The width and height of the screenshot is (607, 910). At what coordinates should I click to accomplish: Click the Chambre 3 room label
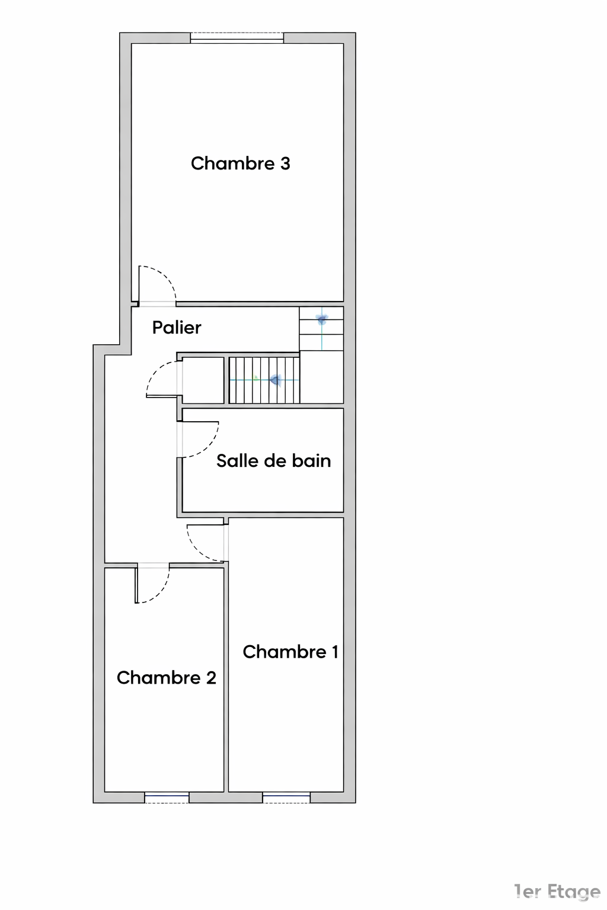tap(240, 164)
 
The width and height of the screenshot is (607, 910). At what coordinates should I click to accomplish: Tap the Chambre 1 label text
tap(290, 652)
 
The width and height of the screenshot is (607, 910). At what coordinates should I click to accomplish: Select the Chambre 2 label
tap(167, 678)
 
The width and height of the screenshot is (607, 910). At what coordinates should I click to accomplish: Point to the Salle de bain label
tap(274, 461)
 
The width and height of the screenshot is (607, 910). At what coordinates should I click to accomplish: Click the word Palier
tap(177, 328)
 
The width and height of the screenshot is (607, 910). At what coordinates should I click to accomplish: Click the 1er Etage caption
tap(557, 892)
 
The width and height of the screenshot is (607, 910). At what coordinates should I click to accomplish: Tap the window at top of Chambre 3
tap(237, 38)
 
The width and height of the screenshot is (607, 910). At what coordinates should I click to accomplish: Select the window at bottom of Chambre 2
tap(167, 797)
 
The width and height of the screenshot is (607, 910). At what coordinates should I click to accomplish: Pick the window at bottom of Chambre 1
tap(286, 797)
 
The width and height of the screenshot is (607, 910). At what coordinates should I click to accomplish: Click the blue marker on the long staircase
tap(276, 380)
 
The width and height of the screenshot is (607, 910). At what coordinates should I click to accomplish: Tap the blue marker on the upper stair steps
tap(322, 319)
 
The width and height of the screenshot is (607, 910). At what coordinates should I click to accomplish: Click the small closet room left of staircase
tap(203, 380)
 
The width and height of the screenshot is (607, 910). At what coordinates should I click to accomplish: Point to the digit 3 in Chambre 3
tap(285, 164)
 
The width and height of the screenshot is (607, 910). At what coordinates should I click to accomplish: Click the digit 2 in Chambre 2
tap(211, 678)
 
